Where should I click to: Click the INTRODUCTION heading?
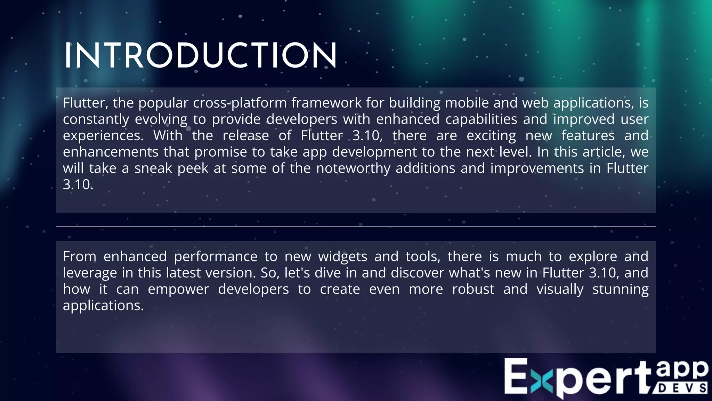(x=200, y=56)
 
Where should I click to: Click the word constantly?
(x=96, y=119)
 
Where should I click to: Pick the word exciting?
(x=491, y=136)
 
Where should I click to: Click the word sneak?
(x=153, y=168)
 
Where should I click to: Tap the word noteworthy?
(x=353, y=168)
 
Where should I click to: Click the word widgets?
(x=342, y=257)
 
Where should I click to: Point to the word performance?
(x=216, y=257)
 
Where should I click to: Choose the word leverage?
(x=90, y=273)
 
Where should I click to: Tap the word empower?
(x=178, y=289)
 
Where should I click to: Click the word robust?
(x=473, y=289)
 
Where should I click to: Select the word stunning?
(x=620, y=289)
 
